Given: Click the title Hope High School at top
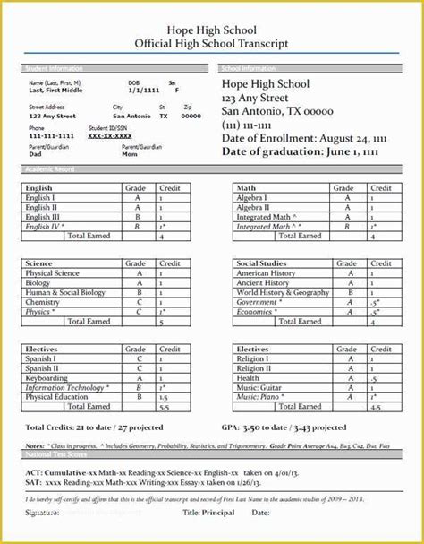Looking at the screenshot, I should [x=211, y=29].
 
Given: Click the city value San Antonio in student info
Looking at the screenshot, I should [x=131, y=116].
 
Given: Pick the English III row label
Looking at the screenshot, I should [x=44, y=217].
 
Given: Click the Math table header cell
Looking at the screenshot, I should [x=246, y=188].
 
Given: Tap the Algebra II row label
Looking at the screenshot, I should [x=254, y=207].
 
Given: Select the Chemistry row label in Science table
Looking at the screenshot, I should [x=44, y=302].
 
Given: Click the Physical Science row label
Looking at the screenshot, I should [x=53, y=273].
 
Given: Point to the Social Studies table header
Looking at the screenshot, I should [x=262, y=263].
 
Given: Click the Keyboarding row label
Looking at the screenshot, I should [x=47, y=377].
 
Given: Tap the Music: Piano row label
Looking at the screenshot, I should [x=259, y=396].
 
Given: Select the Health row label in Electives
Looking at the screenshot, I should [x=248, y=377].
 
